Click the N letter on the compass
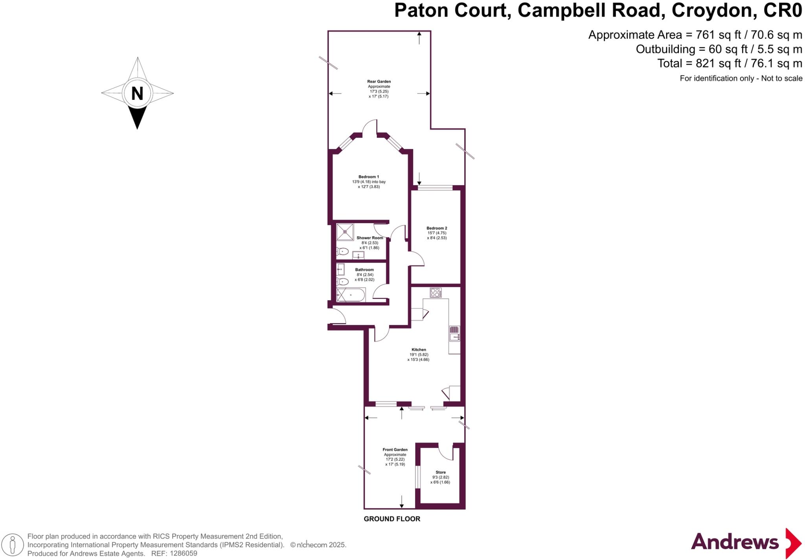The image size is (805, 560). click(137, 94)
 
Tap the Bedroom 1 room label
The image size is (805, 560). click(369, 177)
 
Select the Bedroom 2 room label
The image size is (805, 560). click(437, 228)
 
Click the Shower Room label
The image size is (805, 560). click(369, 238)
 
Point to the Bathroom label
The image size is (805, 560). click(364, 270)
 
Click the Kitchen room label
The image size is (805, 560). click(419, 349)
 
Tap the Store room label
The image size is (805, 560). click(441, 472)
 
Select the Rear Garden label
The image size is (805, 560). click(379, 82)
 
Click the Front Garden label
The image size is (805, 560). click(395, 450)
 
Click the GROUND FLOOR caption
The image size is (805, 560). click(392, 519)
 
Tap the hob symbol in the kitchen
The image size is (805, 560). click(436, 293)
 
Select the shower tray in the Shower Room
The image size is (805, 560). click(345, 231)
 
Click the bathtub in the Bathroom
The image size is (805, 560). click(351, 295)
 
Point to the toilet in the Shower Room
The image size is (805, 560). click(343, 251)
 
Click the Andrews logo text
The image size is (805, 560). click(735, 542)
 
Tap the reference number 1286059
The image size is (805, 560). click(183, 553)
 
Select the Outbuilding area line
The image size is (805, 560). click(719, 49)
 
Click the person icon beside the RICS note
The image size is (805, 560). click(13, 545)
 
